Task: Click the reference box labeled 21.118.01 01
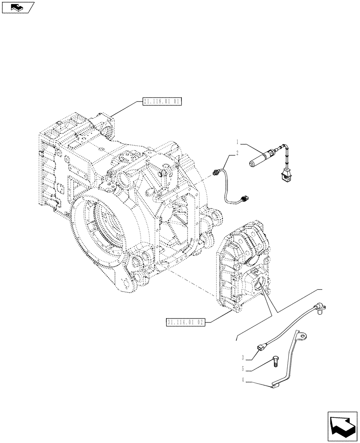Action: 162,101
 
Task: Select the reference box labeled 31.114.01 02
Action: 186,322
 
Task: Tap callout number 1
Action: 238,143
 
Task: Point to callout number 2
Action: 238,153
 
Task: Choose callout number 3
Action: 243,357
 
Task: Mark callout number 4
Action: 243,379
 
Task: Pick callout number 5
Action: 243,368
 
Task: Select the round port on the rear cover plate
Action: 258,282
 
